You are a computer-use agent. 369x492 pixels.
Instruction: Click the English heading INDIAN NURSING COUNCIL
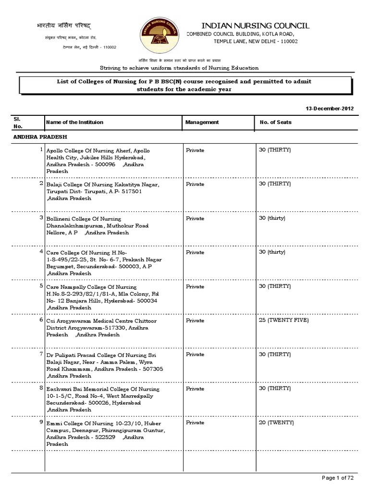[255, 25]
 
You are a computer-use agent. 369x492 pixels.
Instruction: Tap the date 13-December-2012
[330, 109]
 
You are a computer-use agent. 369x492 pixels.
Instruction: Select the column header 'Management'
[202, 123]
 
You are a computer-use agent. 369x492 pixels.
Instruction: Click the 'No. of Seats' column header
[275, 123]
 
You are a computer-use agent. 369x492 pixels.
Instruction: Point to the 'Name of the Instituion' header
[74, 123]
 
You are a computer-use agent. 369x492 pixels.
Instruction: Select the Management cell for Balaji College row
[195, 184]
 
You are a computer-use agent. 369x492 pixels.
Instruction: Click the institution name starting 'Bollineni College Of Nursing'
[84, 219]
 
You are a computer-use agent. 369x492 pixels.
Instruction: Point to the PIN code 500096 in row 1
[106, 164]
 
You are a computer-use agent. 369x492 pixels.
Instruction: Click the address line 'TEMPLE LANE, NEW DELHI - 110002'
[256, 42]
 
